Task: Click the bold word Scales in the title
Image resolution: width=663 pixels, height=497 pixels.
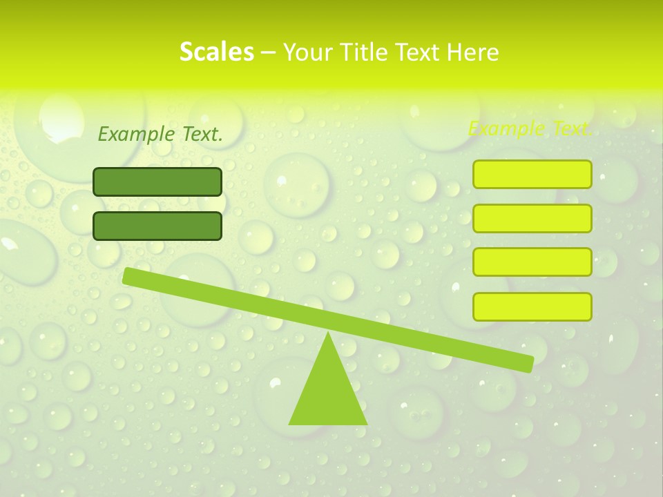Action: coord(216,52)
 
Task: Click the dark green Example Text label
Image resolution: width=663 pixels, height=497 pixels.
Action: coord(160,135)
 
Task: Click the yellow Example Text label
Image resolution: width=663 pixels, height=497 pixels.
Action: coord(530,128)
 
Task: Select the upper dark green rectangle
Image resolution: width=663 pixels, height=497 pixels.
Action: coord(157,182)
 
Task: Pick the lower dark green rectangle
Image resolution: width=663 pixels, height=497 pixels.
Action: coord(157,226)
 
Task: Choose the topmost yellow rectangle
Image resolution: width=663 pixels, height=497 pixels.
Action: coord(532,174)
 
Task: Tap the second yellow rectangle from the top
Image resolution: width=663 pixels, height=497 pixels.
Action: coord(532,218)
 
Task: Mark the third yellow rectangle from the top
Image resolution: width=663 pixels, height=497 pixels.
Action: coord(532,262)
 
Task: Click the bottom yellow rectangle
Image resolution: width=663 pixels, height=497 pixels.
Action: coord(532,306)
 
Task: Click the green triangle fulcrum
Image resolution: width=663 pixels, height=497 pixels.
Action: coord(328,393)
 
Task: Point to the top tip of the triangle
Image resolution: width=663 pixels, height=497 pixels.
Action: coord(328,334)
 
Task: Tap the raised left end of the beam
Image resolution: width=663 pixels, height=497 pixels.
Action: coord(128,275)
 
